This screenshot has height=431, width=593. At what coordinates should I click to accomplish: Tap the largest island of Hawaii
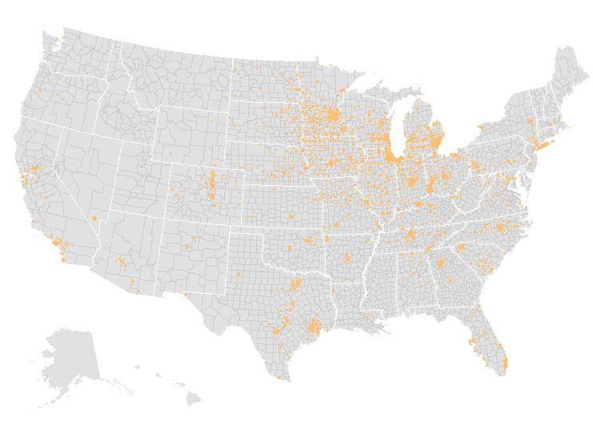(194, 398)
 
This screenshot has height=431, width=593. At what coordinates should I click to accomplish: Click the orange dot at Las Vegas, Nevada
(94, 218)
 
